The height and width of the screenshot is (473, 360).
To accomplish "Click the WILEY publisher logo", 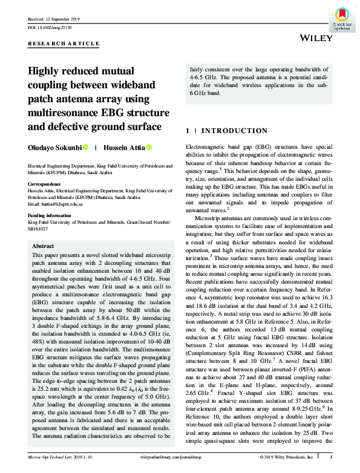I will (315, 38).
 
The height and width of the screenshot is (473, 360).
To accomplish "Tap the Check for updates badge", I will (342, 18).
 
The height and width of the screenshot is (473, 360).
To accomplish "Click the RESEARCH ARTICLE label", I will (64, 44).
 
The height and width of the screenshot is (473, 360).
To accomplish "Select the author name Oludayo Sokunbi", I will (53, 147).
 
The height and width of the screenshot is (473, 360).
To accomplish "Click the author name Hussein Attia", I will (124, 147).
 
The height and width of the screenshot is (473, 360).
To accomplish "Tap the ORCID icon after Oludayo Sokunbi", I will (86, 147).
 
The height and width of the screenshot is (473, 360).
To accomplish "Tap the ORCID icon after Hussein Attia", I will (149, 147).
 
